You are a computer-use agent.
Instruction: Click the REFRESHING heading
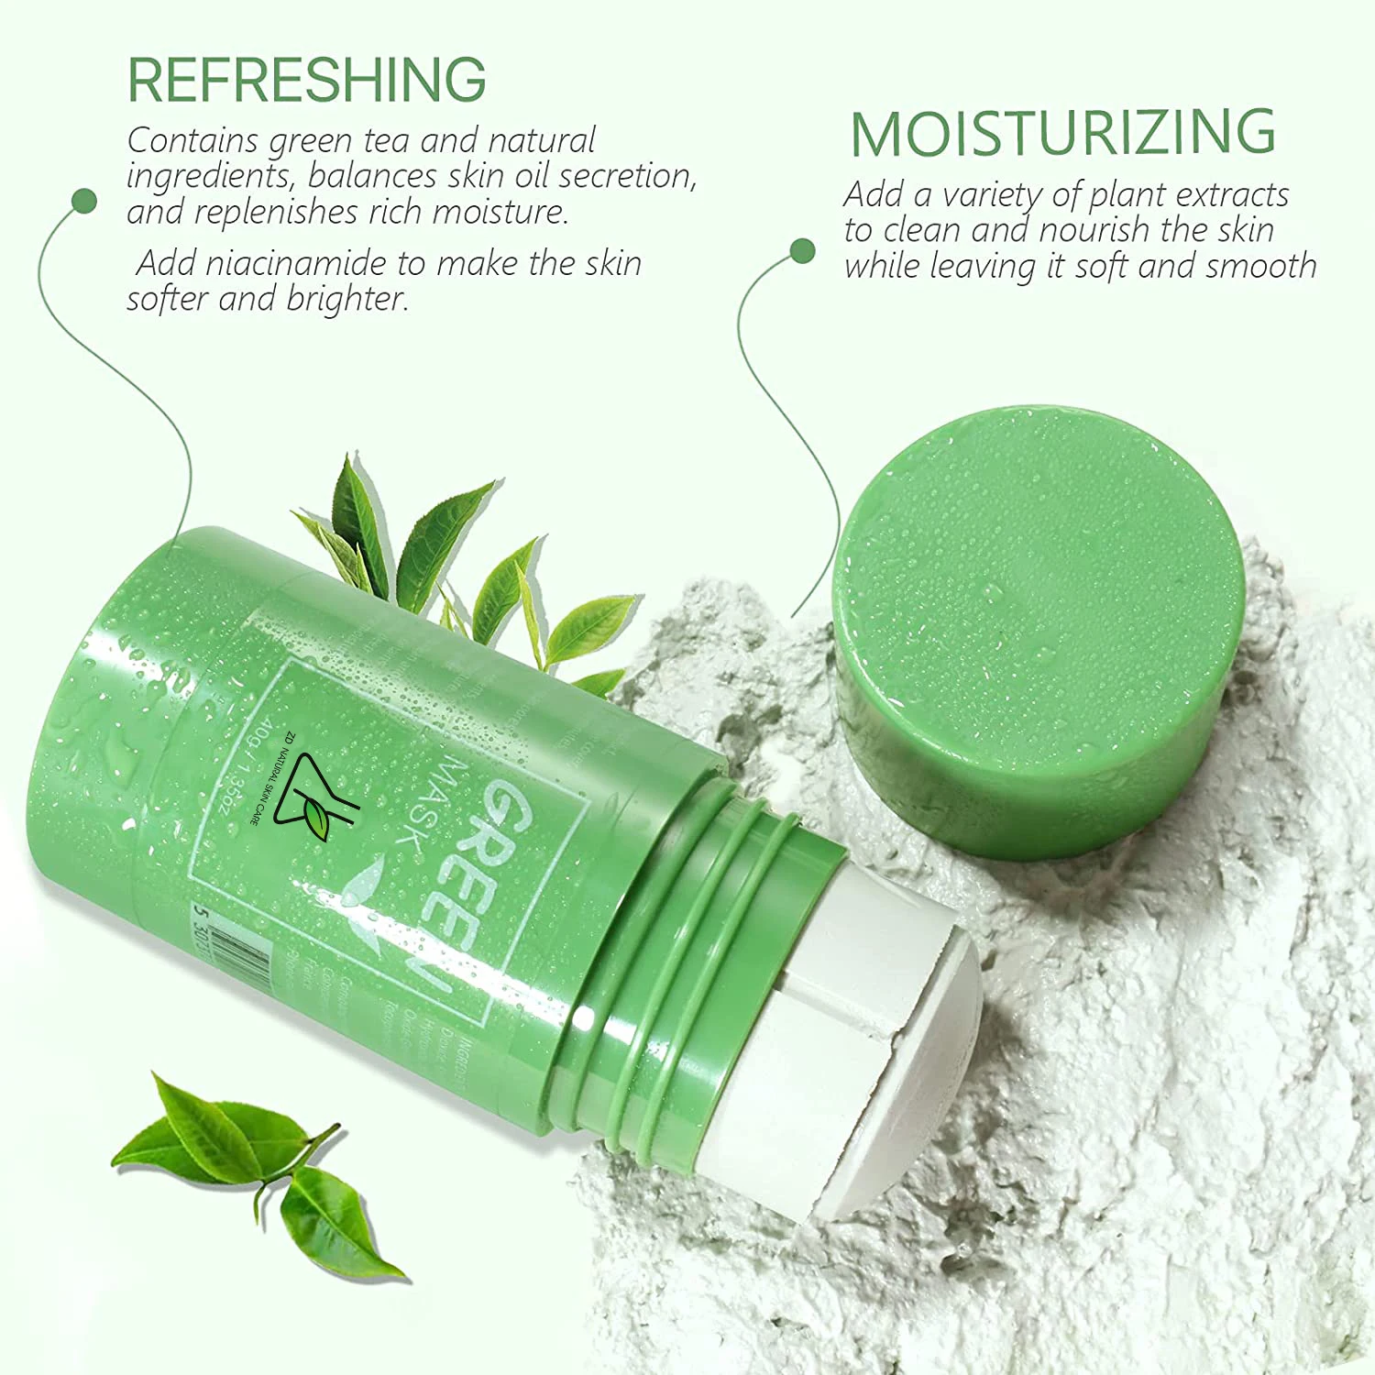[306, 80]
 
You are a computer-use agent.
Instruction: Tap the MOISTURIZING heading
[1062, 134]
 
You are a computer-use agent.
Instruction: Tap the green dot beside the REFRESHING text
[84, 201]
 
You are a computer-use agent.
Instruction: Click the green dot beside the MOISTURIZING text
[802, 250]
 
